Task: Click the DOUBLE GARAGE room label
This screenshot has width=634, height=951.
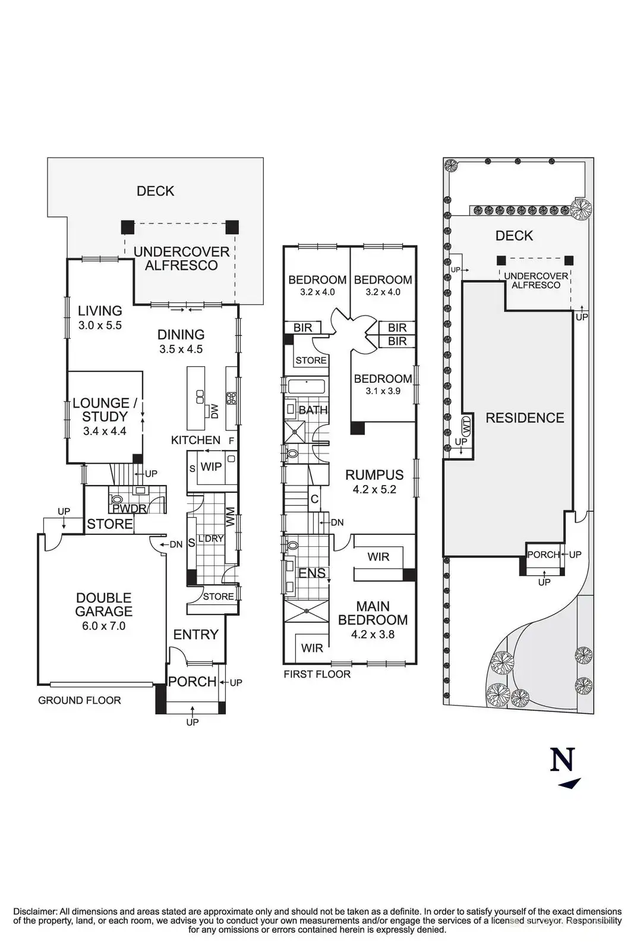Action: pyautogui.click(x=104, y=604)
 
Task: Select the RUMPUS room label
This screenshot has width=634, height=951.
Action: pyautogui.click(x=374, y=475)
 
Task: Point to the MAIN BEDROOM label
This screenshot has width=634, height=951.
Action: pyautogui.click(x=373, y=613)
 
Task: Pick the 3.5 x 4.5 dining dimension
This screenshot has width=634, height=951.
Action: pyautogui.click(x=181, y=349)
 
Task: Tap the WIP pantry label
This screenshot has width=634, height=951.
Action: pyautogui.click(x=211, y=467)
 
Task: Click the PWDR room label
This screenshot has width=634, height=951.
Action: pyautogui.click(x=129, y=509)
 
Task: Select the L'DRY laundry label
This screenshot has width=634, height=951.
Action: pyautogui.click(x=210, y=539)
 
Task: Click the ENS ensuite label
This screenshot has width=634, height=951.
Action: pyautogui.click(x=311, y=573)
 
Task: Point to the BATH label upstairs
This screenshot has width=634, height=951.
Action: pyautogui.click(x=313, y=410)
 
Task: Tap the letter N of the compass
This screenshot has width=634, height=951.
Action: pyautogui.click(x=563, y=759)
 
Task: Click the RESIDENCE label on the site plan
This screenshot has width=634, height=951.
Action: pyautogui.click(x=525, y=418)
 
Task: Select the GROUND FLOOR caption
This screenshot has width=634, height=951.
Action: pyautogui.click(x=79, y=700)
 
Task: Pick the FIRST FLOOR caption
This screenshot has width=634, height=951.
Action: pyautogui.click(x=317, y=674)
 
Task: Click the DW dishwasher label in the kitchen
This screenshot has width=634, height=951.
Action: pyautogui.click(x=215, y=411)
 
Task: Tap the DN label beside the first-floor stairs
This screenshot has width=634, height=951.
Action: pyautogui.click(x=337, y=522)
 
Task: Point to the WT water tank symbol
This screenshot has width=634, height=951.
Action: pyautogui.click(x=466, y=426)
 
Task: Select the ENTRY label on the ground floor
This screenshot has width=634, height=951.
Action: pyautogui.click(x=196, y=635)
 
